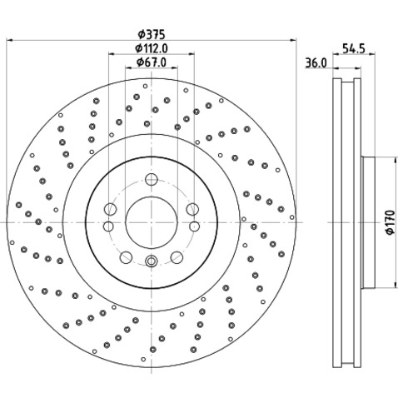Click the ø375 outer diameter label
coord(152,34)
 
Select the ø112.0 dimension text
coord(152,48)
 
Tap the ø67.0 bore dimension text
coord(152,62)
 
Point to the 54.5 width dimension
coord(353,48)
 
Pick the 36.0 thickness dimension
coord(316,62)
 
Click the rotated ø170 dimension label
coord(390,222)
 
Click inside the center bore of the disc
coord(152,222)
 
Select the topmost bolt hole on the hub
coord(152,179)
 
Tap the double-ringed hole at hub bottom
coord(152,261)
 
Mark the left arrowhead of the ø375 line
coord(9,40)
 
